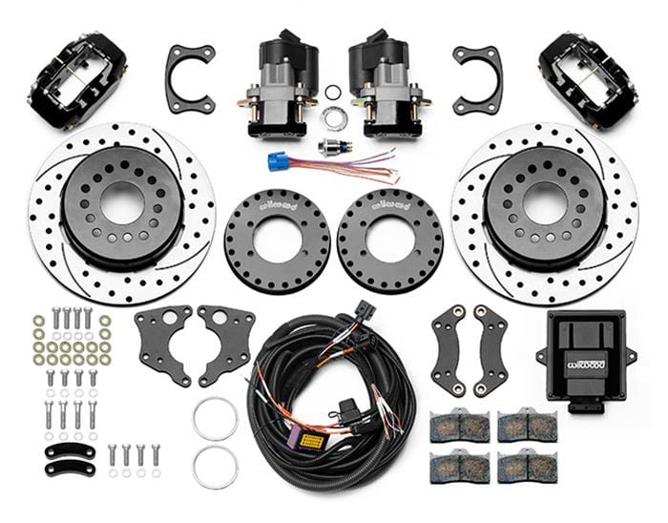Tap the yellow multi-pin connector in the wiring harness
tap(310, 442)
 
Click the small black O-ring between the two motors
tap(333, 93)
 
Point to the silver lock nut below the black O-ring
tap(333, 117)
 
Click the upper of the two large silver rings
tap(215, 418)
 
